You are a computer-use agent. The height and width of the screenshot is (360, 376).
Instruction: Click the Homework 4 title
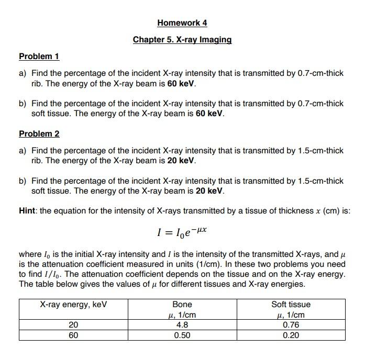(182, 23)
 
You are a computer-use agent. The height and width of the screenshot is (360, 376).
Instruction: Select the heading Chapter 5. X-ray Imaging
(182, 40)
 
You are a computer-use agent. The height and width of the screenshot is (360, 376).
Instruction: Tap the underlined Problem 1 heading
(39, 57)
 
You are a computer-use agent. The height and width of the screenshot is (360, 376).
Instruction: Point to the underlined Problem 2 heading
(39, 134)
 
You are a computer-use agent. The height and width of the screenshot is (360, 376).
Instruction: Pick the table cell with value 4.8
(182, 325)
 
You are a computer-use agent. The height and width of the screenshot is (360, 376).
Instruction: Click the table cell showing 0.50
(182, 335)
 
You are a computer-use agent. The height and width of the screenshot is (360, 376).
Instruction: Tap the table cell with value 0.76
(291, 325)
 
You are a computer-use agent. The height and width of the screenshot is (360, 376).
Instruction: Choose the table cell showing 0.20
(291, 335)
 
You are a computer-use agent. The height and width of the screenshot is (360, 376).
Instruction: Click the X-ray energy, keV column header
(73, 305)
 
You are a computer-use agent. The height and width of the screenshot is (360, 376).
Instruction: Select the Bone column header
(182, 305)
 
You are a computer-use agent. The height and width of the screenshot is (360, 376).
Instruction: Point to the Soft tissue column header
(291, 305)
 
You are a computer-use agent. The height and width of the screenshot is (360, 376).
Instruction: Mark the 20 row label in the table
(73, 325)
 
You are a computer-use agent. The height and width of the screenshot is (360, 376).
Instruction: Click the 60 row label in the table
(73, 335)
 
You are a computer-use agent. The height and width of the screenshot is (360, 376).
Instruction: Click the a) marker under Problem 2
(23, 151)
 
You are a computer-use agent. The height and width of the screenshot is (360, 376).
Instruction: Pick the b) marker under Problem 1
(23, 104)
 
